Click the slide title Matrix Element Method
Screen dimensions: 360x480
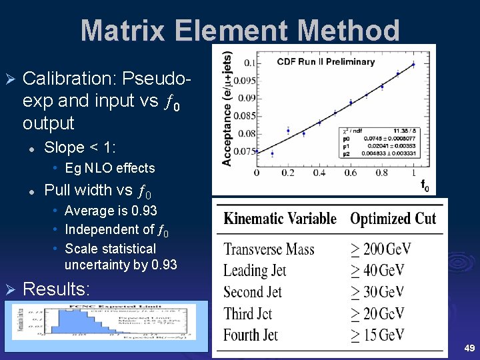coord(240,31)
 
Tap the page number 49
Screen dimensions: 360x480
coord(469,347)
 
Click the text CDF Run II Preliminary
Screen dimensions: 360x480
coord(326,62)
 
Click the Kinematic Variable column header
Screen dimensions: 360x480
coord(280,219)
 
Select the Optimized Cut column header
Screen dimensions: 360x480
coord(393,219)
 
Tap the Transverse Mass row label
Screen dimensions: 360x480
coord(269,249)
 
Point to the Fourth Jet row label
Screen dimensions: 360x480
coord(251,335)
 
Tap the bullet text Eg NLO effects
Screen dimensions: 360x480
coord(109,168)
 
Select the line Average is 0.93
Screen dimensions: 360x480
coord(111,211)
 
